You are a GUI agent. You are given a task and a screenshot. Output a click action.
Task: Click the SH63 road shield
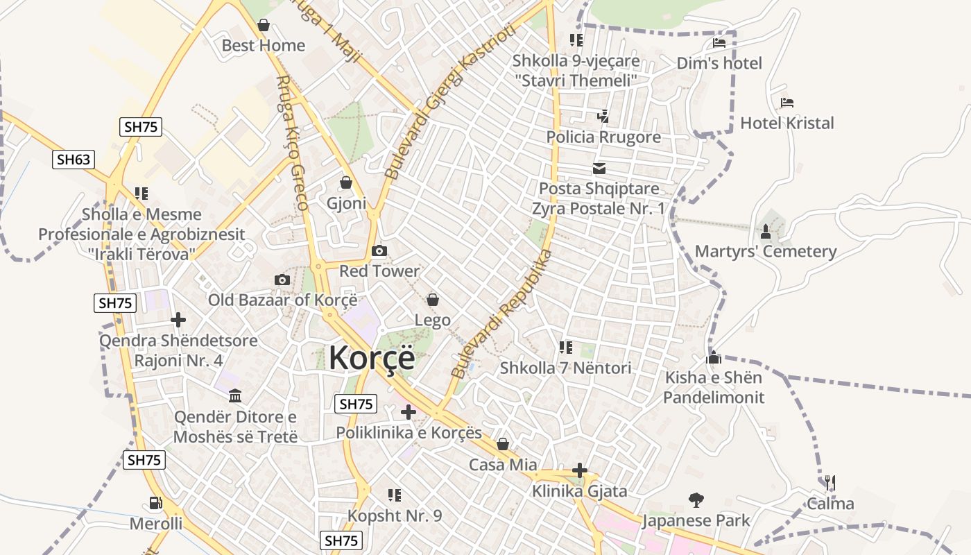[x=74, y=160]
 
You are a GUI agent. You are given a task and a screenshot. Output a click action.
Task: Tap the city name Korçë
[x=372, y=358]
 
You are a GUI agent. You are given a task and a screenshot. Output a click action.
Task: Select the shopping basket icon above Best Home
[x=264, y=26]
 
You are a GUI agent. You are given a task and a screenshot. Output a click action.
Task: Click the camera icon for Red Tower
[x=379, y=250]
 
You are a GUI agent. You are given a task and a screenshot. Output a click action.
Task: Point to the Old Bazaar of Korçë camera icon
[x=282, y=280]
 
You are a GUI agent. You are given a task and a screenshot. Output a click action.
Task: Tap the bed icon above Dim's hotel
[x=719, y=43]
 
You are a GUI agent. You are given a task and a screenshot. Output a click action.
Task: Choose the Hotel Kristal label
[x=787, y=123]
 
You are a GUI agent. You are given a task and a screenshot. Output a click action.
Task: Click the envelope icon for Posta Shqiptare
[x=599, y=169]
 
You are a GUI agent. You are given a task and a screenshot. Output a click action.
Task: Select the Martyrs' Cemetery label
[x=766, y=251]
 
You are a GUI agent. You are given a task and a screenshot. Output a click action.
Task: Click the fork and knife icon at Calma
[x=830, y=483]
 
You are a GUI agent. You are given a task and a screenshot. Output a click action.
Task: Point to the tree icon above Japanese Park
[x=696, y=499]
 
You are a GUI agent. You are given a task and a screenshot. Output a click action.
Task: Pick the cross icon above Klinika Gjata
[x=580, y=471]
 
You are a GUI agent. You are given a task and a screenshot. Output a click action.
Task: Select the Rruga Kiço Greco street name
[x=292, y=142]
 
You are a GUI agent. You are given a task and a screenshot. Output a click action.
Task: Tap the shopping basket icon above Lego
[x=433, y=300]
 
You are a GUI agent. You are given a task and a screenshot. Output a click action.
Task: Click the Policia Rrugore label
[x=603, y=137]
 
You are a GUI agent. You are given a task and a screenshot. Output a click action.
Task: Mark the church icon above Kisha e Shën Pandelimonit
[x=714, y=358]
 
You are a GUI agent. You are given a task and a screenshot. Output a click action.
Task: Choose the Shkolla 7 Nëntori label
[x=566, y=368]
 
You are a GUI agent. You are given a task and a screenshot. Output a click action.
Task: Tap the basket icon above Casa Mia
[x=503, y=444]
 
